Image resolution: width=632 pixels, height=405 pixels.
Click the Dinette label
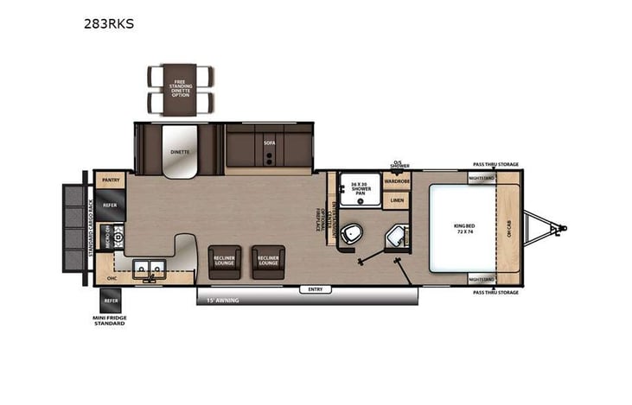[x=180, y=152]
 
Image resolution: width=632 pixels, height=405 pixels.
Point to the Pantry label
[x=111, y=180]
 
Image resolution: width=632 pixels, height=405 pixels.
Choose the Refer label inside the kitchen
[x=111, y=206]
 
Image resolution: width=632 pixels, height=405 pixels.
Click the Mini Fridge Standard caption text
[x=110, y=322]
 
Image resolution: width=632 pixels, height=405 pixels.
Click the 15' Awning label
[x=222, y=301]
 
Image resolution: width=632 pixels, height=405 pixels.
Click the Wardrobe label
[x=398, y=181]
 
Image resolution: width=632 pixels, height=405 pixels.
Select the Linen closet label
[x=397, y=201]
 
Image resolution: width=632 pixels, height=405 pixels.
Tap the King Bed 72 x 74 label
[x=464, y=229]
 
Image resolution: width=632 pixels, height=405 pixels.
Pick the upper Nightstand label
[x=482, y=179]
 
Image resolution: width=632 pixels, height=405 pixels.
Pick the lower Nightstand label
[x=482, y=279]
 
